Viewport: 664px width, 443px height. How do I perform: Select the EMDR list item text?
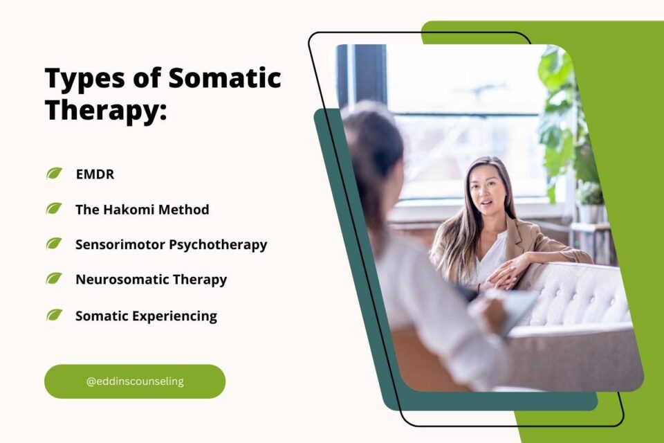(95, 174)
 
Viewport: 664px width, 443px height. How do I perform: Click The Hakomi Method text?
(142, 209)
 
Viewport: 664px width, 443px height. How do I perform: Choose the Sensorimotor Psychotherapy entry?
(171, 244)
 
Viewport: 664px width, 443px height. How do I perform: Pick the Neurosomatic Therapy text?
(151, 280)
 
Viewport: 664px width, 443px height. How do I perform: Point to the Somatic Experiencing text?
(146, 316)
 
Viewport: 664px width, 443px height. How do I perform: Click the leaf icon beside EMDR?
(54, 174)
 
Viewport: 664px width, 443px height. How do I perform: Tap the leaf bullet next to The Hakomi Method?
(54, 208)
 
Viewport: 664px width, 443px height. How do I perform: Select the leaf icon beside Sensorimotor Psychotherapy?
(54, 244)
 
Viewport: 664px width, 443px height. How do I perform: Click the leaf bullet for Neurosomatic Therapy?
(54, 279)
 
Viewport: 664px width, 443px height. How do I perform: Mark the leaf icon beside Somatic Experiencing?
(54, 316)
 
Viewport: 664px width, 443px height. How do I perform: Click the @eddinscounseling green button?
(135, 381)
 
